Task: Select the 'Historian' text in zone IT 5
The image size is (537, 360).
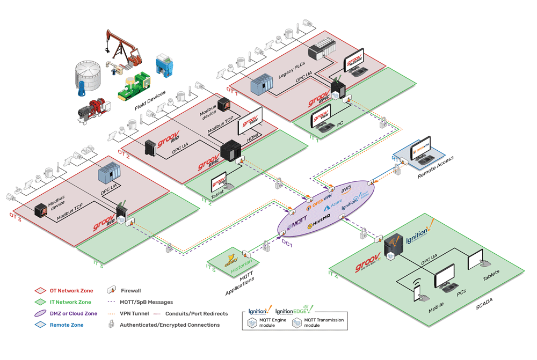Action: click(x=242, y=266)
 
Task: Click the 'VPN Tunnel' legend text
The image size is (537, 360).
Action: click(x=134, y=313)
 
